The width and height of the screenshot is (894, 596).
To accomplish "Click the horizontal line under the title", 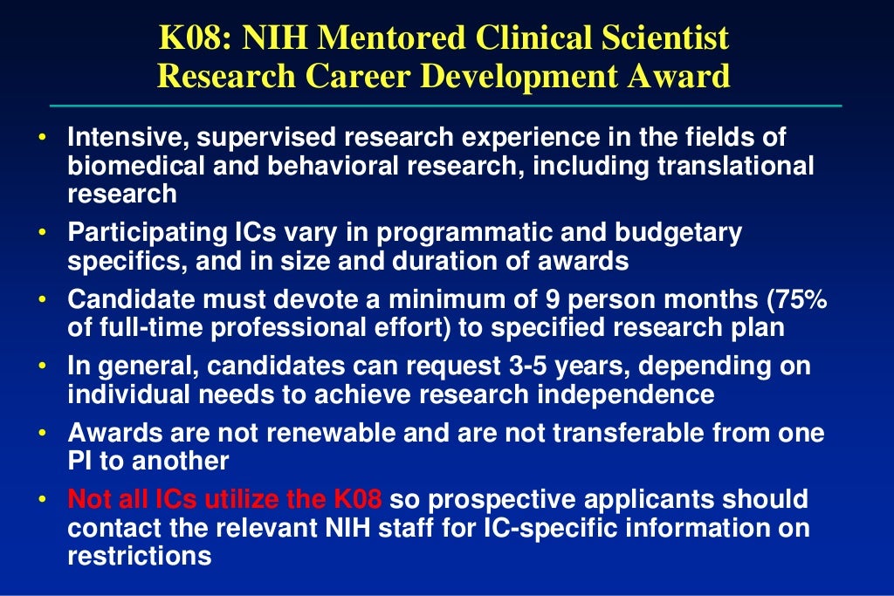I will (445, 106).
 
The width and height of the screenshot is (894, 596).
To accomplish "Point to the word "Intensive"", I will (127, 138).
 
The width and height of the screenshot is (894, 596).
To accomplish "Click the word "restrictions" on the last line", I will (140, 555).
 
